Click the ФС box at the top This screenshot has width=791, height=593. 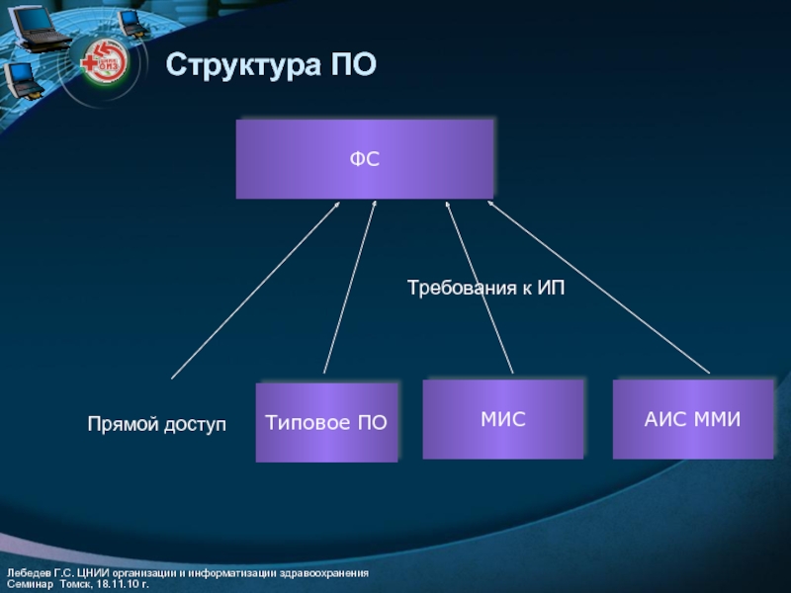click(364, 158)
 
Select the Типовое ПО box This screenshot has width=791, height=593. click(326, 423)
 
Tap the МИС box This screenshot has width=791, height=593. click(502, 419)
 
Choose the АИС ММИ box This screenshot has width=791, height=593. click(692, 419)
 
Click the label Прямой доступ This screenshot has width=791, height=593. click(157, 424)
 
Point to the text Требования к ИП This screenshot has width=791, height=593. click(485, 288)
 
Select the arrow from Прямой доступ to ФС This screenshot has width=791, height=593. click(255, 291)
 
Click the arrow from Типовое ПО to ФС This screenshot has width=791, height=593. click(349, 288)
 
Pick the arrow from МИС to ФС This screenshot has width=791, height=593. click(480, 287)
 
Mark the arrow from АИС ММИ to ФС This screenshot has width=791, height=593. click(599, 288)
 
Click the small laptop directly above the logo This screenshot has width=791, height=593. click(131, 22)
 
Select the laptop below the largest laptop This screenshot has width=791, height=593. click(22, 79)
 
